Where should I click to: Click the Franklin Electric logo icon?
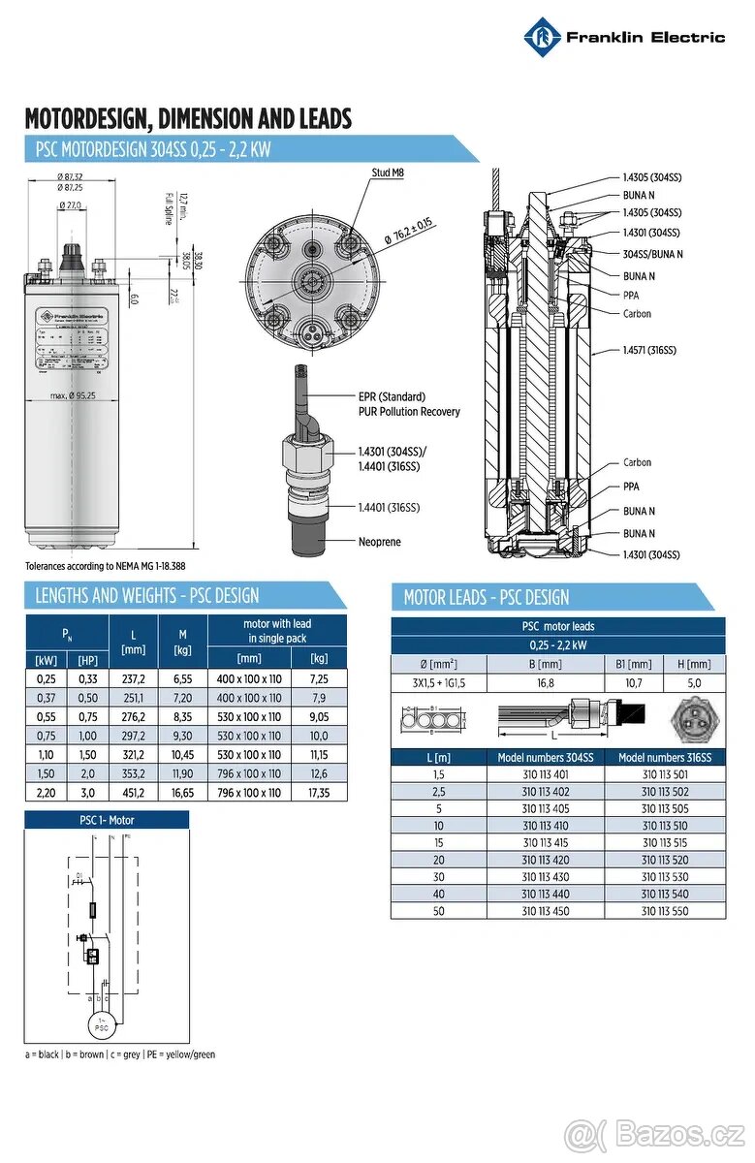[543, 38]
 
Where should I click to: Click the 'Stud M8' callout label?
[387, 173]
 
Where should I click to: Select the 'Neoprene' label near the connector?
[379, 542]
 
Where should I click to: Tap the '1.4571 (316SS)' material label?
[648, 350]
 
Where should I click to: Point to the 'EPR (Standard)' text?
[392, 396]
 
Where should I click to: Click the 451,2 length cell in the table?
[133, 793]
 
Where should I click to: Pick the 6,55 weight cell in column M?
[182, 679]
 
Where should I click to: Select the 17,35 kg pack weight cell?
[318, 793]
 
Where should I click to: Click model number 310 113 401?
[545, 774]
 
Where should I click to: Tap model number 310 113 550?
[665, 911]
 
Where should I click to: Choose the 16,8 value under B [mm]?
[545, 682]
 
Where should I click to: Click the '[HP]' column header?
[87, 660]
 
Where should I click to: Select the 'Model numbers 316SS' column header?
[665, 757]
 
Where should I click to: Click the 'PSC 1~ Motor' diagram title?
[107, 820]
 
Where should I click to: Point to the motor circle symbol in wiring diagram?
[102, 1022]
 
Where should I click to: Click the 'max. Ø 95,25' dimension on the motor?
[75, 396]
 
